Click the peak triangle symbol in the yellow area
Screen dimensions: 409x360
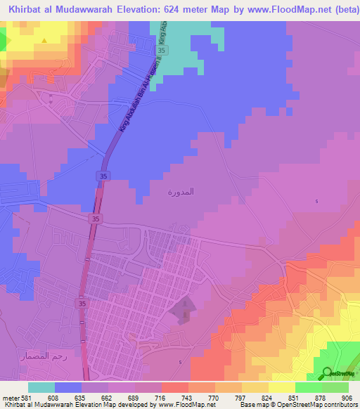tap(44, 40)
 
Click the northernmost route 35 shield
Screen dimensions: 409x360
tap(162, 51)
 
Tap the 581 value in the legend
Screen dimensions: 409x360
tap(25, 397)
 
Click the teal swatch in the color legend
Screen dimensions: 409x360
tap(41, 387)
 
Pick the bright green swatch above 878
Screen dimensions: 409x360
tap(309, 387)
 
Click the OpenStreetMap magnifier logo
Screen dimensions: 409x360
tap(328, 374)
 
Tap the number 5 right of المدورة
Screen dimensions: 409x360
tap(316, 202)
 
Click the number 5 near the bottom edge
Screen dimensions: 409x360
tap(180, 363)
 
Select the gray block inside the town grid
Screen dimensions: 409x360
tap(180, 310)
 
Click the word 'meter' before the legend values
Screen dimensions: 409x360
tap(9, 397)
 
